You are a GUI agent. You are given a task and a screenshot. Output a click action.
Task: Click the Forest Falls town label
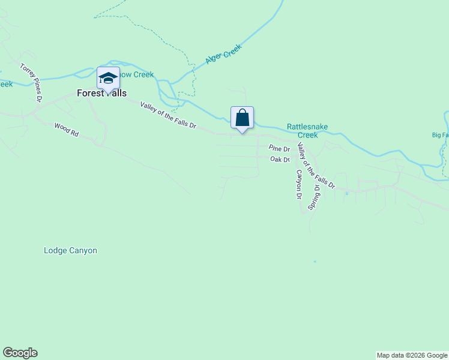click(101, 94)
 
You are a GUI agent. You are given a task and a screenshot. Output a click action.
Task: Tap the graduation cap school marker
click(108, 79)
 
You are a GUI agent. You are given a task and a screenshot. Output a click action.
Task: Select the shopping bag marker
click(242, 118)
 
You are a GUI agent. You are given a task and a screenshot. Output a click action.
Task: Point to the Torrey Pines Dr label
click(32, 82)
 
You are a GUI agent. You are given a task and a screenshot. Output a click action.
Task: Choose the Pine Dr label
click(279, 148)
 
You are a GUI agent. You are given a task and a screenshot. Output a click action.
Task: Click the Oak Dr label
click(280, 160)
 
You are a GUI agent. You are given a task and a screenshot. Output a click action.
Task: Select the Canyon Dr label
click(298, 184)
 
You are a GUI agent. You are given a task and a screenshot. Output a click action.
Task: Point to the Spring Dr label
click(314, 197)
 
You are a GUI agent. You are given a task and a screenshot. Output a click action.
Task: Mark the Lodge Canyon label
click(70, 250)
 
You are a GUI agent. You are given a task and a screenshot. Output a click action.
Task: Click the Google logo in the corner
click(20, 353)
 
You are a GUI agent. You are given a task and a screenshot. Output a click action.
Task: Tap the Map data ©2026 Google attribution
click(412, 355)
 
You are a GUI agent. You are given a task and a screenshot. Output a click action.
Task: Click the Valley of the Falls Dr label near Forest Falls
click(168, 115)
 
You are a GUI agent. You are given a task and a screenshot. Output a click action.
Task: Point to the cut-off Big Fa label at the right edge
click(440, 135)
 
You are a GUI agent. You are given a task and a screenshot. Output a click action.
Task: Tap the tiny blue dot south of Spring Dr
click(315, 262)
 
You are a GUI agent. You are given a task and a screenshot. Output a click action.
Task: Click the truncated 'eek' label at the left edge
click(6, 84)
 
